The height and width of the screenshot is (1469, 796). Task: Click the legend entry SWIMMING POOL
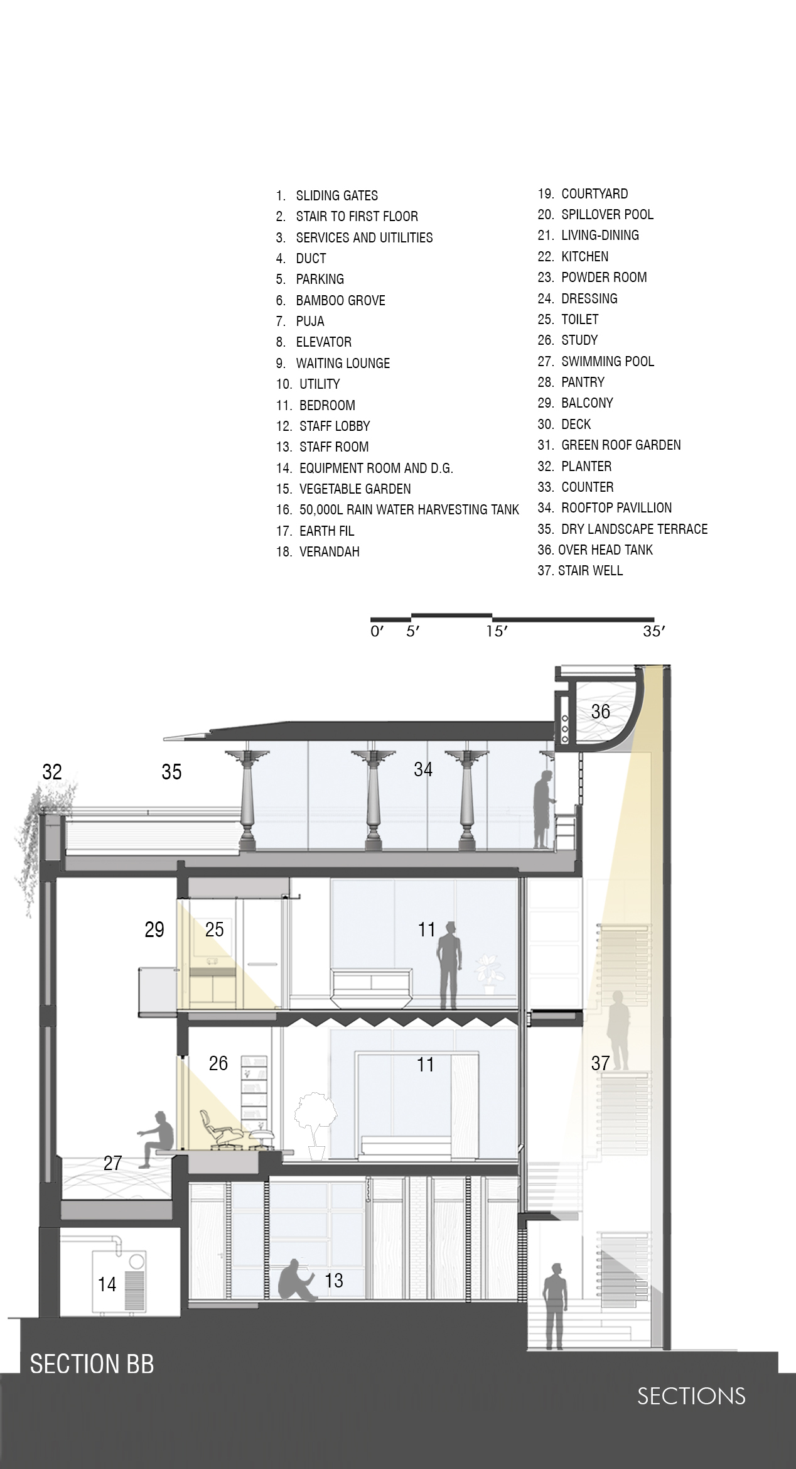coord(608,361)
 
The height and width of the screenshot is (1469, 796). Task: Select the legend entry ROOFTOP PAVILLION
coord(616,507)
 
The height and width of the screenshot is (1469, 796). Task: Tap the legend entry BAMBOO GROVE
coord(340,300)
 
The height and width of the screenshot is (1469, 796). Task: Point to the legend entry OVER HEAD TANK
coord(605,550)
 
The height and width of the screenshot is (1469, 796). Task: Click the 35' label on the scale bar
coord(653,631)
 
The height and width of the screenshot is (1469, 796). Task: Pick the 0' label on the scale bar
coord(377,631)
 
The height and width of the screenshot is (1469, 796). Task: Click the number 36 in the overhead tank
coord(600,711)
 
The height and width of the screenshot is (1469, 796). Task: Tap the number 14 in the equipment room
coord(107,1284)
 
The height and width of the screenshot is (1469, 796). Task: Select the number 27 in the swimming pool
coord(112,1163)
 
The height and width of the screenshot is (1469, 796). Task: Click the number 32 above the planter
coord(52,771)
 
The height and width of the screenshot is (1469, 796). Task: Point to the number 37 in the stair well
coord(600,1063)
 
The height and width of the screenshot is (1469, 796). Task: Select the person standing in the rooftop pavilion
coord(543,810)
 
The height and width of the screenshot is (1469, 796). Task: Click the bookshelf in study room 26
coord(254,1088)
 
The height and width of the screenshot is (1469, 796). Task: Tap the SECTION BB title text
coord(92,1364)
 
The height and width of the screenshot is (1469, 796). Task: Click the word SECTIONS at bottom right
coord(691,1396)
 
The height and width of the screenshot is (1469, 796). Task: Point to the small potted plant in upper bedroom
coord(487,974)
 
